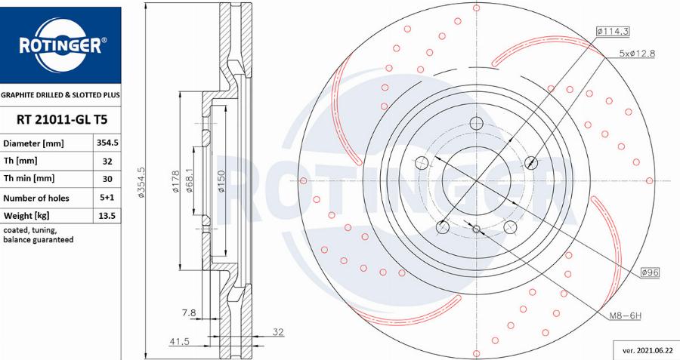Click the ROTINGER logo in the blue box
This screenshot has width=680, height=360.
pyautogui.click(x=60, y=45)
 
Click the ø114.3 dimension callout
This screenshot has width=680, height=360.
pyautogui.click(x=613, y=31)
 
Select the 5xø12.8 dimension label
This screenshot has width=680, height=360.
pyautogui.click(x=637, y=53)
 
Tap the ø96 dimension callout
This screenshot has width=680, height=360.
pyautogui.click(x=651, y=272)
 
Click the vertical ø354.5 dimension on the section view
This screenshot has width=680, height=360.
pyautogui.click(x=141, y=182)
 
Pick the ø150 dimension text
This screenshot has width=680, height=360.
pyautogui.click(x=221, y=181)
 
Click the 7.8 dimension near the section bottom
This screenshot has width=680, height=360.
pyautogui.click(x=189, y=312)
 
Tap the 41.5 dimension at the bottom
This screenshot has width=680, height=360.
pyautogui.click(x=179, y=342)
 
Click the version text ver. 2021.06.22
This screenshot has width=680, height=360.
pyautogui.click(x=646, y=350)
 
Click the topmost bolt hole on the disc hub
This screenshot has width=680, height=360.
pyautogui.click(x=477, y=124)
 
